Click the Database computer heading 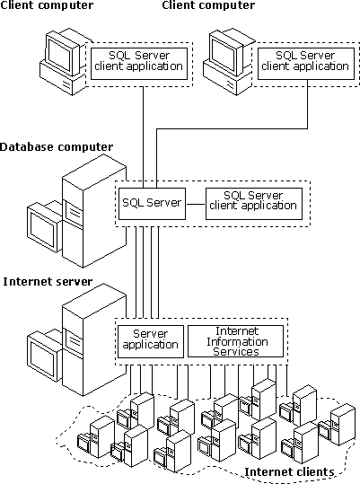57,147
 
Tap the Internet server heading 48,282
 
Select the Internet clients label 289,472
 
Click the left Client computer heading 47,5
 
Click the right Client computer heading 208,5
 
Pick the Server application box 151,341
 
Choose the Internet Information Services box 236,341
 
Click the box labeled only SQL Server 152,204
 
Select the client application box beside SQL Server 254,204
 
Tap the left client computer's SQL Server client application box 139,64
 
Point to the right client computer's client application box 306,64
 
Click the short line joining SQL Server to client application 196,204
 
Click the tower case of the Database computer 94,211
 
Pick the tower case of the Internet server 94,339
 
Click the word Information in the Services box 237,342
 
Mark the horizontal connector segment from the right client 232,128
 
